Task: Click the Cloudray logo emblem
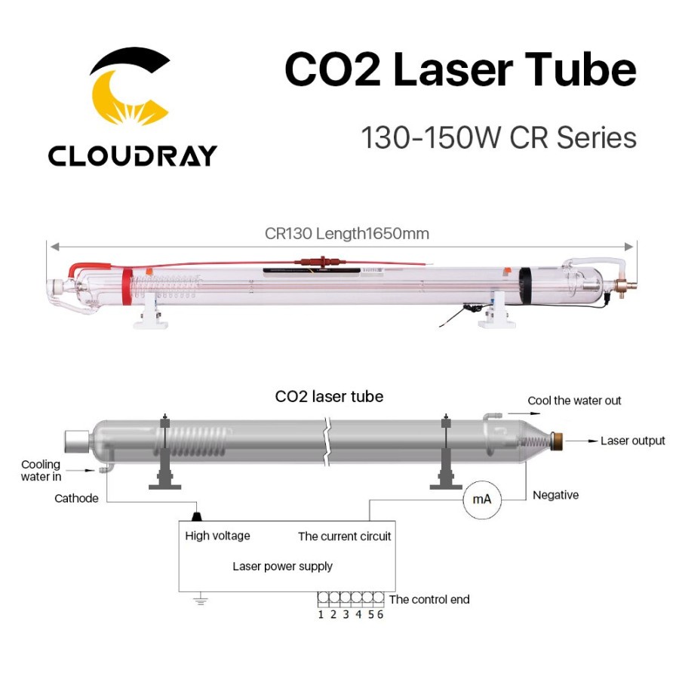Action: (130, 86)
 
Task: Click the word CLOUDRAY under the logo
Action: (133, 156)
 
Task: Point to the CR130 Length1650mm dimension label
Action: (347, 234)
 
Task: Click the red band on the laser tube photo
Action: (128, 286)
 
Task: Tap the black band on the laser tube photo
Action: (525, 285)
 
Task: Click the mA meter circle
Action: (482, 499)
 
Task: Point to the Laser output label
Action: (632, 441)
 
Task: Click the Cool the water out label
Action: (574, 401)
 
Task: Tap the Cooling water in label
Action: (41, 470)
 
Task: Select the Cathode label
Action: (76, 499)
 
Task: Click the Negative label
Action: (555, 495)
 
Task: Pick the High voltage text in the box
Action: (217, 536)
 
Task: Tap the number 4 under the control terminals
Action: (358, 614)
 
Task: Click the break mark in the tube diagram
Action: (327, 441)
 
